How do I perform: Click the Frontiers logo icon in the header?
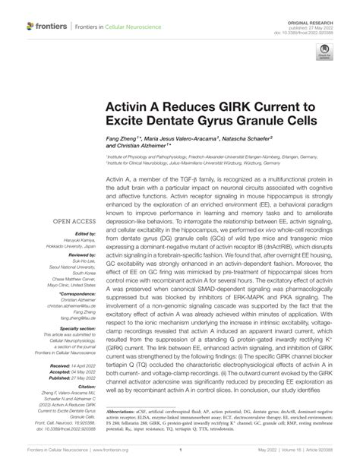30,27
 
